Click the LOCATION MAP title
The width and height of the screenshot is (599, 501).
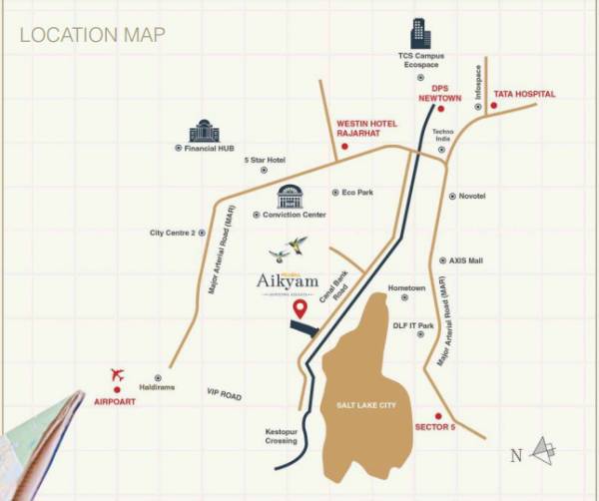92,35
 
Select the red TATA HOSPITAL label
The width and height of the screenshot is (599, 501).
522,94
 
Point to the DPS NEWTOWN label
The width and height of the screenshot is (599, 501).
440,93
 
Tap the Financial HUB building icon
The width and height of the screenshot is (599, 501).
204,131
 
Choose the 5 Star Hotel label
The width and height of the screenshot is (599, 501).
265,161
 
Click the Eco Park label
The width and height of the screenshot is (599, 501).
356,192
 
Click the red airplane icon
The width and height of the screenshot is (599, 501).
117,375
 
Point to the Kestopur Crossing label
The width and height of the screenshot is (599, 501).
282,436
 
